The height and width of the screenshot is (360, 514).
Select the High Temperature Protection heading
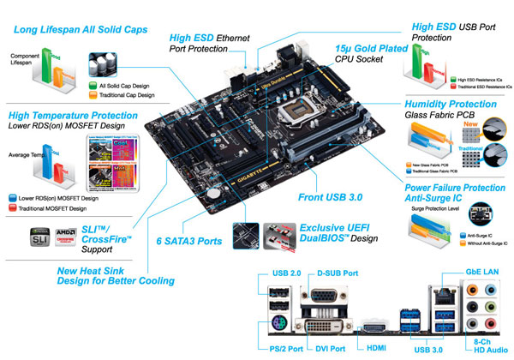click(71, 115)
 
